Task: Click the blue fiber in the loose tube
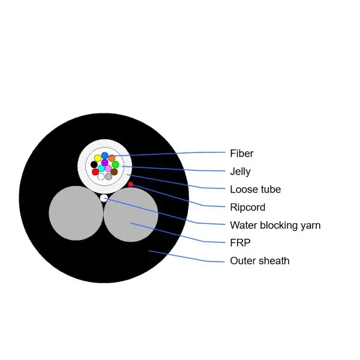click(x=104, y=155)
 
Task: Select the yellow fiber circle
click(x=98, y=158)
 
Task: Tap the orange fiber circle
click(x=112, y=158)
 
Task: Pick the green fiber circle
click(x=115, y=164)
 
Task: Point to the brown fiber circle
click(x=114, y=172)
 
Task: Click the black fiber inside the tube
click(x=94, y=164)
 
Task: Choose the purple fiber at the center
click(x=105, y=163)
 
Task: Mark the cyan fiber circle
click(x=101, y=169)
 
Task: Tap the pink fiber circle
click(x=109, y=169)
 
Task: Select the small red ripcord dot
click(x=131, y=184)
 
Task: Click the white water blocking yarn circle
click(x=104, y=197)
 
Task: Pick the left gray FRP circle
click(x=76, y=213)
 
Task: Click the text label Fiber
click(x=241, y=154)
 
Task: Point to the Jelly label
click(x=240, y=172)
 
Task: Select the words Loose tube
click(x=255, y=190)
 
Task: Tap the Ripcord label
click(x=247, y=208)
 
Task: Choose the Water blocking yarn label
click(x=275, y=226)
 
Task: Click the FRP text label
click(x=239, y=243)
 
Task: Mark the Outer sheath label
click(x=259, y=261)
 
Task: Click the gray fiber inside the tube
click(x=109, y=176)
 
